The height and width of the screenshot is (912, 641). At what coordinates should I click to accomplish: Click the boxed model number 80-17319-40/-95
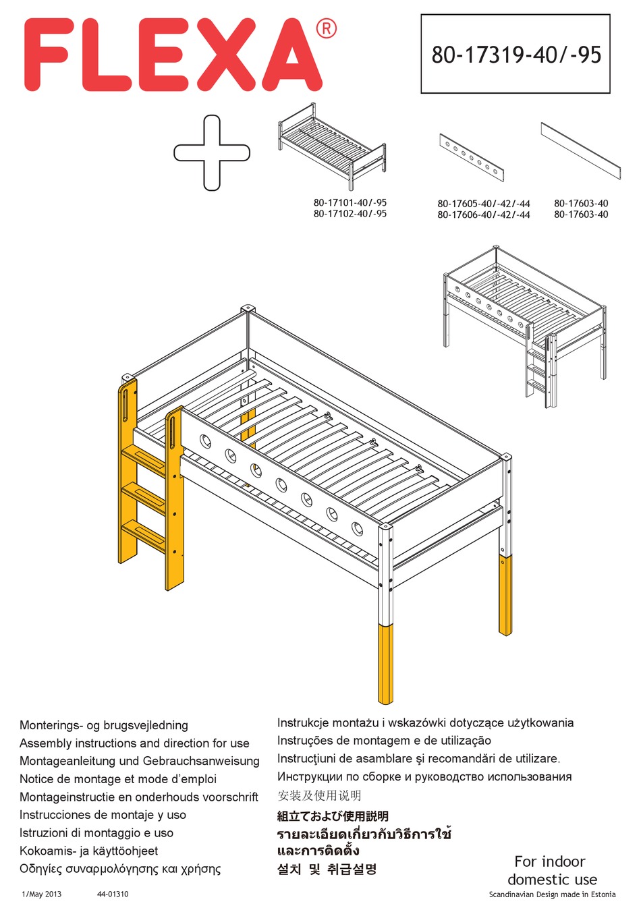point(515,55)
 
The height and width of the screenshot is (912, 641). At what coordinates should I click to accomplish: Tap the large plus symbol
point(212,152)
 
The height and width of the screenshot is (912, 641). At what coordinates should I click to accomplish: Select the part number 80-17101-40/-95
point(350,202)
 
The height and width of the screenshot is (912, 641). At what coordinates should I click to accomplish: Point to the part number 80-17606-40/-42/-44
point(483,215)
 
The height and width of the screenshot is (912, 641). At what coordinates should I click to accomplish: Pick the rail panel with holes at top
point(472,157)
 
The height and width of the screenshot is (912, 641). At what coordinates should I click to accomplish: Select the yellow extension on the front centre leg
point(386,662)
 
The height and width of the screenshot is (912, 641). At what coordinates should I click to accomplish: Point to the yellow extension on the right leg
point(505,595)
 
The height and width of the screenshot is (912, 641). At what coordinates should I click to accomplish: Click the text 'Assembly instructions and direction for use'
point(134,743)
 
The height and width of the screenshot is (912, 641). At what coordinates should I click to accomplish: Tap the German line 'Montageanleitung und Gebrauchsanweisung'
point(139,761)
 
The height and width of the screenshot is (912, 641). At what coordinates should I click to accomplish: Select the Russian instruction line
point(424,776)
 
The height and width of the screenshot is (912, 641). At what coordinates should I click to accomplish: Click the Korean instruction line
point(327,869)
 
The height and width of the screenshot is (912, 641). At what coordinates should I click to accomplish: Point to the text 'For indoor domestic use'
point(551,870)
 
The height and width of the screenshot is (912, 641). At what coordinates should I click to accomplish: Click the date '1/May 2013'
point(41,894)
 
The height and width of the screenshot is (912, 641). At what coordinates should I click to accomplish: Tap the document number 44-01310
point(112,894)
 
